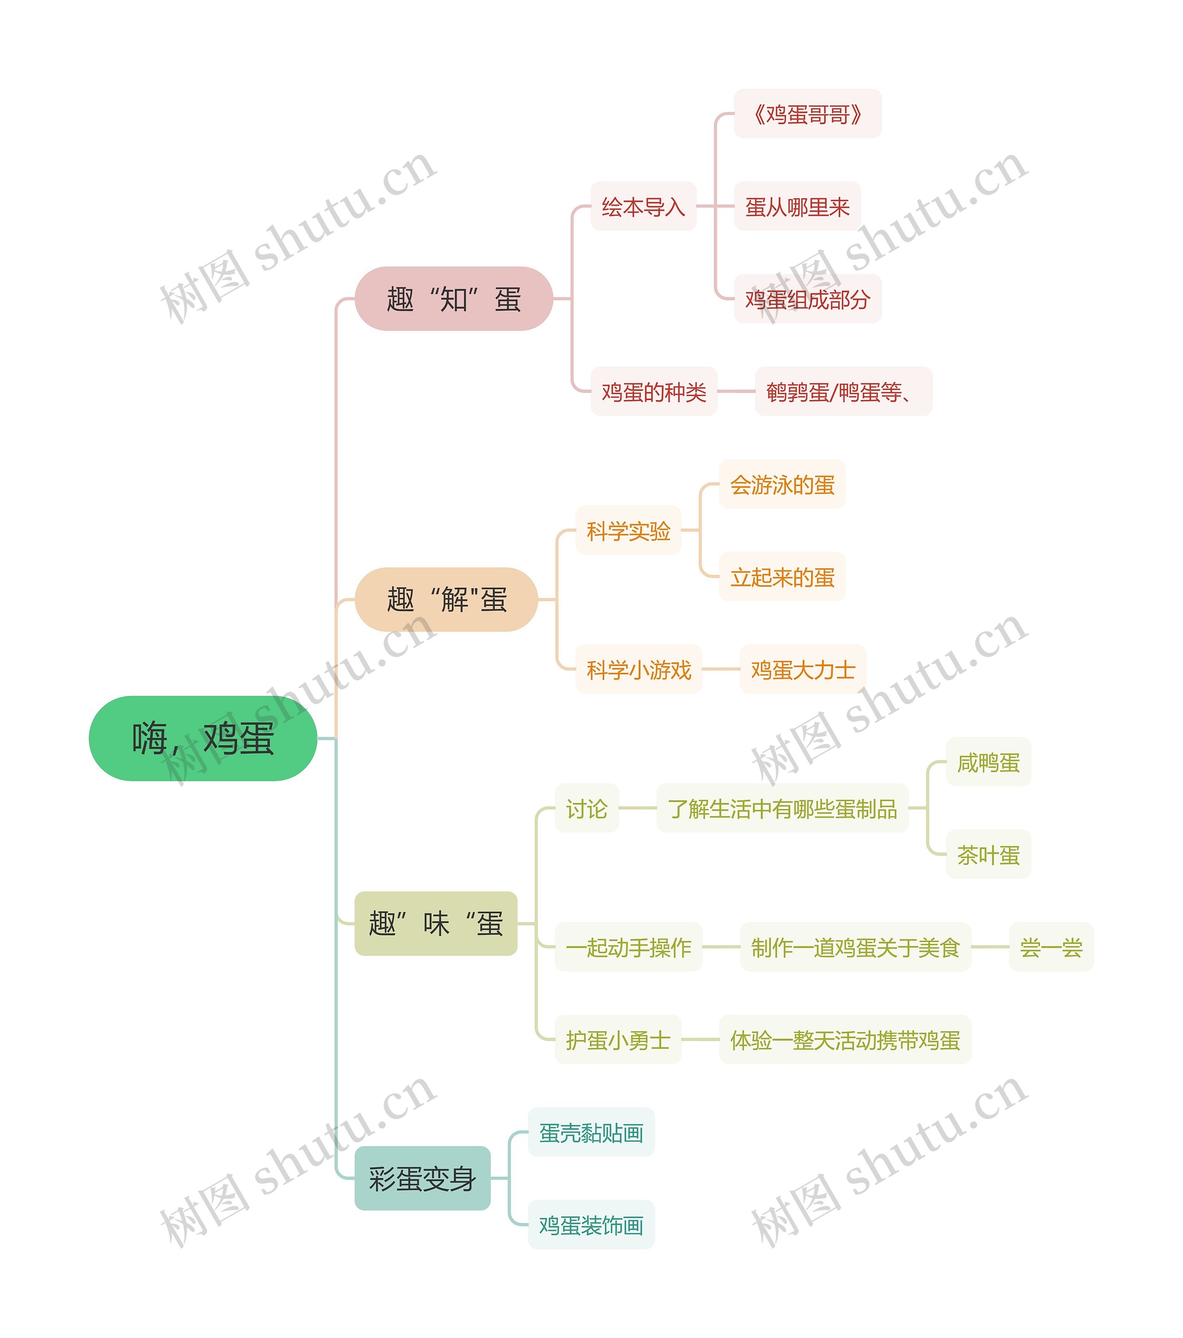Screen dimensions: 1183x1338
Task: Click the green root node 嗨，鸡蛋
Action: (202, 738)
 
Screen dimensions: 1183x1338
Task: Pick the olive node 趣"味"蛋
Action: (435, 923)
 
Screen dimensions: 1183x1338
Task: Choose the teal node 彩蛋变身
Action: (422, 1178)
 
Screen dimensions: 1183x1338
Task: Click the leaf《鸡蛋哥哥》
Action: (807, 114)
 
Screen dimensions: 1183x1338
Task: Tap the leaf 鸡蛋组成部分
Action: (807, 299)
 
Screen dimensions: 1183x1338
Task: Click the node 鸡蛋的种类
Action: (653, 391)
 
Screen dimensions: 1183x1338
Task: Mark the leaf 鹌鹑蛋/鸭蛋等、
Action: (842, 391)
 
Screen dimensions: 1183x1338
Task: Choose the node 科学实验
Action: (628, 530)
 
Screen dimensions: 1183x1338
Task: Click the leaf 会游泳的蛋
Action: (782, 484)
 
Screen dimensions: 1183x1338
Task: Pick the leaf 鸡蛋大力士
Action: (803, 669)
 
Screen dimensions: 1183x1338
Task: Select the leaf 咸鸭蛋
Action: (988, 762)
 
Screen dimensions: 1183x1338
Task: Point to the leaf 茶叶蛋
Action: (988, 854)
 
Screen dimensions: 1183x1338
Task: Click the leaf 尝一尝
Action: (1051, 947)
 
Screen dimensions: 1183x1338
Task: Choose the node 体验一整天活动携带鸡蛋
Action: (845, 1040)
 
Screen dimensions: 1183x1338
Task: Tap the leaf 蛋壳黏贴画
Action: (591, 1132)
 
